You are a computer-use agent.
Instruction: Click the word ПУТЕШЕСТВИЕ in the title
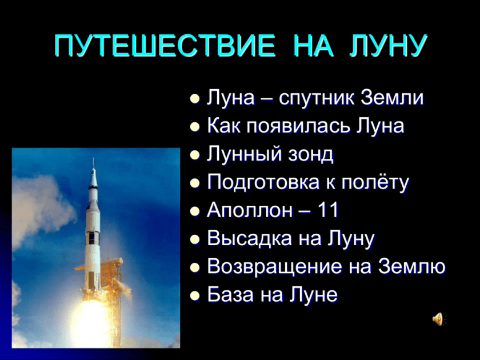(x=165, y=46)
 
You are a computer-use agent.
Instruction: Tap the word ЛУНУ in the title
(x=388, y=46)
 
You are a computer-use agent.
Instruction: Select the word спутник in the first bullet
(x=316, y=98)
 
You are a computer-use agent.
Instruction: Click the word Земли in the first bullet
(x=392, y=98)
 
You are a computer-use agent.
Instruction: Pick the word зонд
(x=311, y=154)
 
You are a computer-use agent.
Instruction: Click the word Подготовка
(x=263, y=182)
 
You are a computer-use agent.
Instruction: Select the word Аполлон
(x=250, y=211)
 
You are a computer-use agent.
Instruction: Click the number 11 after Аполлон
(x=328, y=210)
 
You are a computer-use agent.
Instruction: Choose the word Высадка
(x=250, y=239)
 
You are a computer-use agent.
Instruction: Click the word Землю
(x=412, y=266)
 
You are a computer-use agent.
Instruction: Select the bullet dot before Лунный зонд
(x=195, y=155)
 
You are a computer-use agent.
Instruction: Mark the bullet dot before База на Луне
(x=195, y=295)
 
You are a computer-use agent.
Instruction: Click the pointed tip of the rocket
(x=93, y=158)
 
